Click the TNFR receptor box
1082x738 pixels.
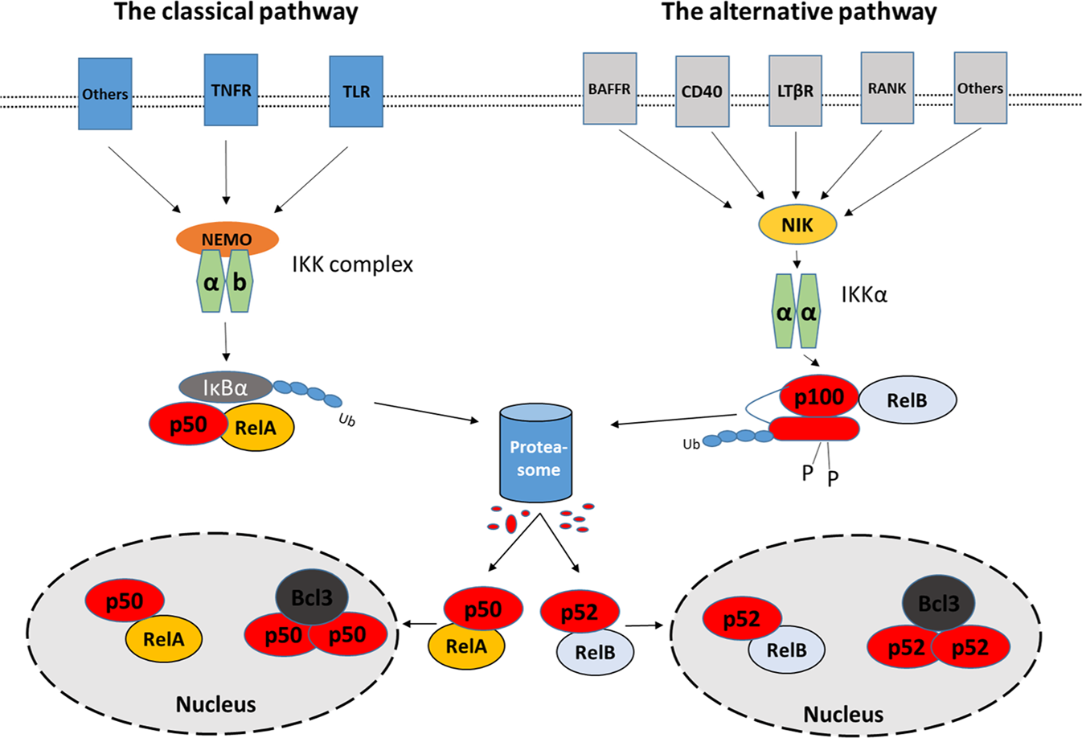231,90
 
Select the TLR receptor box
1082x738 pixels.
356,91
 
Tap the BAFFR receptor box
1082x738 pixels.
609,89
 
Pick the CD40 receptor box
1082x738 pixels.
702,92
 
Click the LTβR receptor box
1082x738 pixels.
795,91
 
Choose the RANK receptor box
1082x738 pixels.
887,88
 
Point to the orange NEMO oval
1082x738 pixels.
227,239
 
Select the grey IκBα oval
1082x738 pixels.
226,387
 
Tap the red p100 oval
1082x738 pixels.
819,396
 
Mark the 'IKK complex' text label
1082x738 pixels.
353,264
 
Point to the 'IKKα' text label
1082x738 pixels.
864,295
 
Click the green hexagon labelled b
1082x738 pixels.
240,281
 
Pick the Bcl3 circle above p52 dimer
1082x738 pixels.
938,603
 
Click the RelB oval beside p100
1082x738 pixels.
908,400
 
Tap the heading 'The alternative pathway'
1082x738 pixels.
799,12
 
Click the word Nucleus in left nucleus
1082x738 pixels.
215,704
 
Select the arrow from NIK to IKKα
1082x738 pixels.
797,260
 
